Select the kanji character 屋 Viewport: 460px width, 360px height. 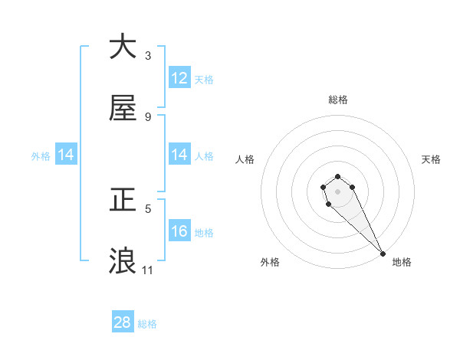click(x=123, y=108)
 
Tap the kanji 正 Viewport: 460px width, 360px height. click(x=123, y=201)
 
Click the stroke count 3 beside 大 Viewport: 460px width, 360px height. click(x=148, y=55)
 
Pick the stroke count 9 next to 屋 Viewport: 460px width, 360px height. click(x=148, y=117)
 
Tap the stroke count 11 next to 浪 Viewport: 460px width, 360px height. click(x=148, y=270)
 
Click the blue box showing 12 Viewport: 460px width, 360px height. click(x=179, y=78)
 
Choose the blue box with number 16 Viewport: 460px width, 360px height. click(x=179, y=231)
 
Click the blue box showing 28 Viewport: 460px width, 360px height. click(x=123, y=322)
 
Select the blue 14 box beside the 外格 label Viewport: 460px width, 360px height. click(x=66, y=155)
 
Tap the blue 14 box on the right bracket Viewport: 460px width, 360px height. click(x=179, y=155)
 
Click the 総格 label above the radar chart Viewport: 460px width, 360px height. click(x=338, y=100)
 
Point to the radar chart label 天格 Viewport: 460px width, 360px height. click(x=432, y=159)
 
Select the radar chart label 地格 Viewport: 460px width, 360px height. click(x=402, y=262)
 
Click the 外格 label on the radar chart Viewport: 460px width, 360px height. click(x=270, y=262)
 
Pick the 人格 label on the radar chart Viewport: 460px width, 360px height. click(x=245, y=159)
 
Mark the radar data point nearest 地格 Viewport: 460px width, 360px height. click(x=383, y=254)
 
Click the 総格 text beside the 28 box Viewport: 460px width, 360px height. click(x=147, y=324)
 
